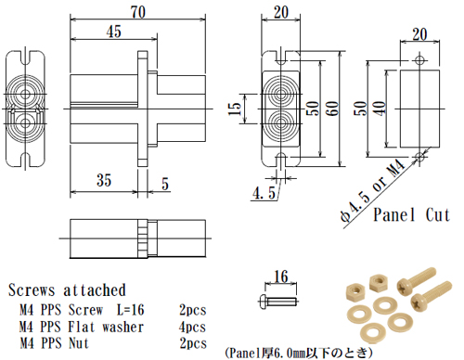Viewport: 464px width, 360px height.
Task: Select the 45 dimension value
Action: [113, 31]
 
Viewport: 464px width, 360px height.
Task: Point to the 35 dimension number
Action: [103, 179]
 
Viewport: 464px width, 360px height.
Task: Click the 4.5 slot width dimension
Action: [263, 193]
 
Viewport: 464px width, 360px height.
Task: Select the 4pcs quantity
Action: [192, 327]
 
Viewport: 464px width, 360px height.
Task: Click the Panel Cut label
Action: [411, 215]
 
